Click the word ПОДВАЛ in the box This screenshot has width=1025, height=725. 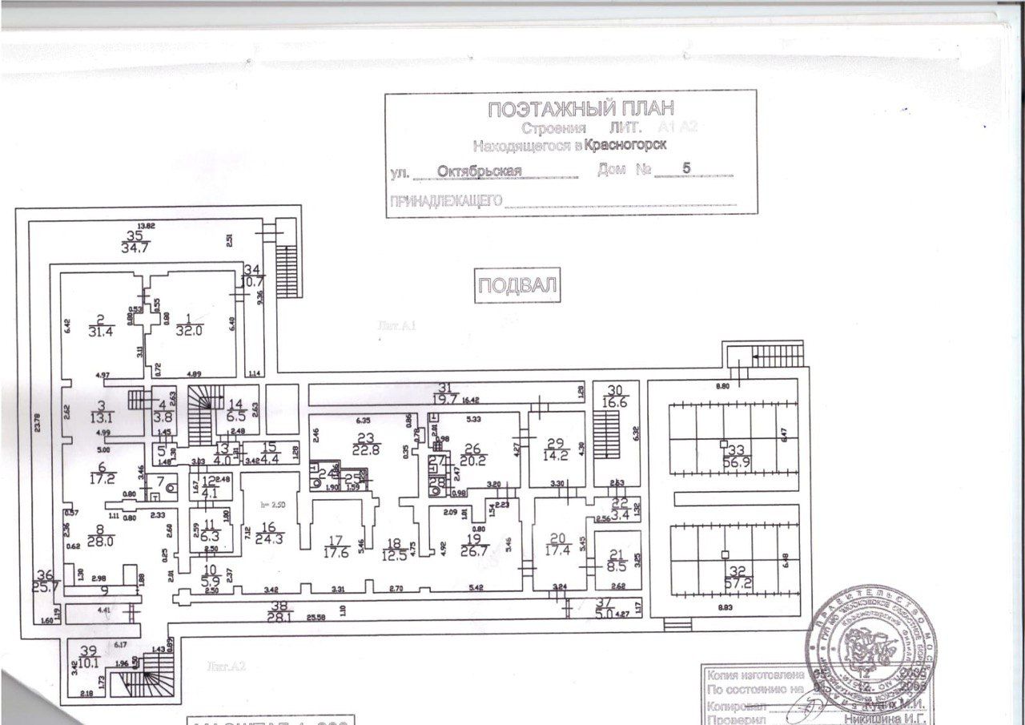click(x=517, y=286)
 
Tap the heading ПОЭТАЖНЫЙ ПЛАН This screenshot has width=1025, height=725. click(x=581, y=110)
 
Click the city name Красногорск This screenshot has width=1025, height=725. click(x=625, y=145)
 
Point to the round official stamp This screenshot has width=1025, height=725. click(x=874, y=646)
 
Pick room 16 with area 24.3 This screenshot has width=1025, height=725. click(x=268, y=533)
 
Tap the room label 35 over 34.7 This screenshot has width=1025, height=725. click(x=135, y=241)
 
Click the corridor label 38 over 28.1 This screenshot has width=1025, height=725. click(x=279, y=612)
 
